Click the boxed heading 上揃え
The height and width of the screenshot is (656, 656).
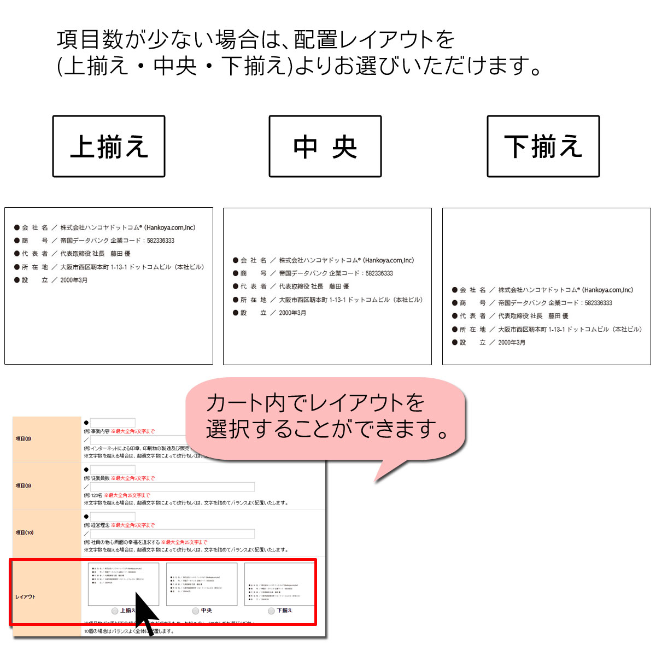(x=109, y=147)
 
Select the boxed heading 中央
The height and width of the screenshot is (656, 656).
(x=325, y=147)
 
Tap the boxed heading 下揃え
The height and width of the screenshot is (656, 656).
(x=543, y=147)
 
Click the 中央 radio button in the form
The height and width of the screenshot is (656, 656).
(x=196, y=611)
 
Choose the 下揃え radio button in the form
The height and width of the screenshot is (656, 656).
(x=271, y=611)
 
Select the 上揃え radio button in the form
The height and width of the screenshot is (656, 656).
(x=115, y=611)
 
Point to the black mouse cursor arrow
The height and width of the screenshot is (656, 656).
(x=145, y=615)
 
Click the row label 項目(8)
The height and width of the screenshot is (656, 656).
(x=24, y=438)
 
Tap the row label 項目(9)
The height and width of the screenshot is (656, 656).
(x=24, y=485)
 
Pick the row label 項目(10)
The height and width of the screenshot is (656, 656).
(x=25, y=532)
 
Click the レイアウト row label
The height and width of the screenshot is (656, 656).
(x=25, y=596)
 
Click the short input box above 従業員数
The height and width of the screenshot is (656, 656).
(x=113, y=470)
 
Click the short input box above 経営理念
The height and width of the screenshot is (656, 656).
(x=113, y=517)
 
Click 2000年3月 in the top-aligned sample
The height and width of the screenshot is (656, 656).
(x=74, y=280)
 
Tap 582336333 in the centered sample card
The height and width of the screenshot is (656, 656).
(x=379, y=273)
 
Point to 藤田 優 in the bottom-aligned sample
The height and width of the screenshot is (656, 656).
(x=558, y=316)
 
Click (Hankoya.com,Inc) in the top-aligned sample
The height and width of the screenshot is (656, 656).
(x=169, y=227)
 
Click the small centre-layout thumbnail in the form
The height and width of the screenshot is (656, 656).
(x=202, y=584)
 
